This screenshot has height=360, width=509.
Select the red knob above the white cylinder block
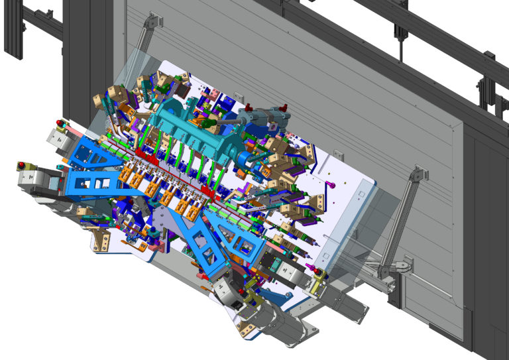tap(60, 123)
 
